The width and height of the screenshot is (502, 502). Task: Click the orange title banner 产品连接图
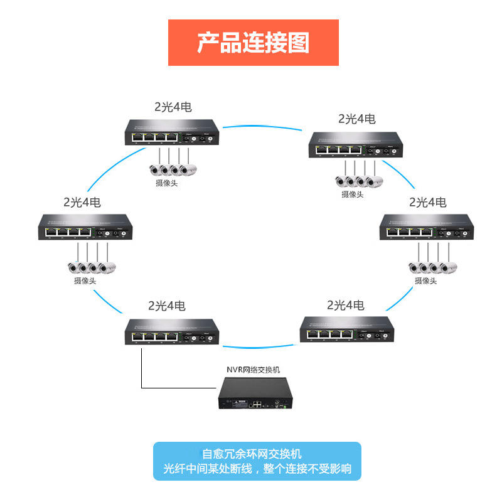[253, 43]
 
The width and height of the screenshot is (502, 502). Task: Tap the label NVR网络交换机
[254, 371]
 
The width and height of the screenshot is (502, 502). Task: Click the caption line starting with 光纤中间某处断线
[257, 469]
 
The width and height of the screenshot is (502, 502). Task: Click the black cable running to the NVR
[142, 376]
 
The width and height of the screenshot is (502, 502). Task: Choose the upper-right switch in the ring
[356, 144]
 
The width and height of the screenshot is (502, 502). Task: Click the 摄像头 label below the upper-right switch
[353, 195]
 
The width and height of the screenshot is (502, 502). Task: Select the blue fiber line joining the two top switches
[264, 126]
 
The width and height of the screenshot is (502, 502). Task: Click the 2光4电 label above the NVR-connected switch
[167, 306]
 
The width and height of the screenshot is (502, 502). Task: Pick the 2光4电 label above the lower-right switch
[346, 305]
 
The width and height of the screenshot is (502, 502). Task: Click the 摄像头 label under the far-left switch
[85, 281]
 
